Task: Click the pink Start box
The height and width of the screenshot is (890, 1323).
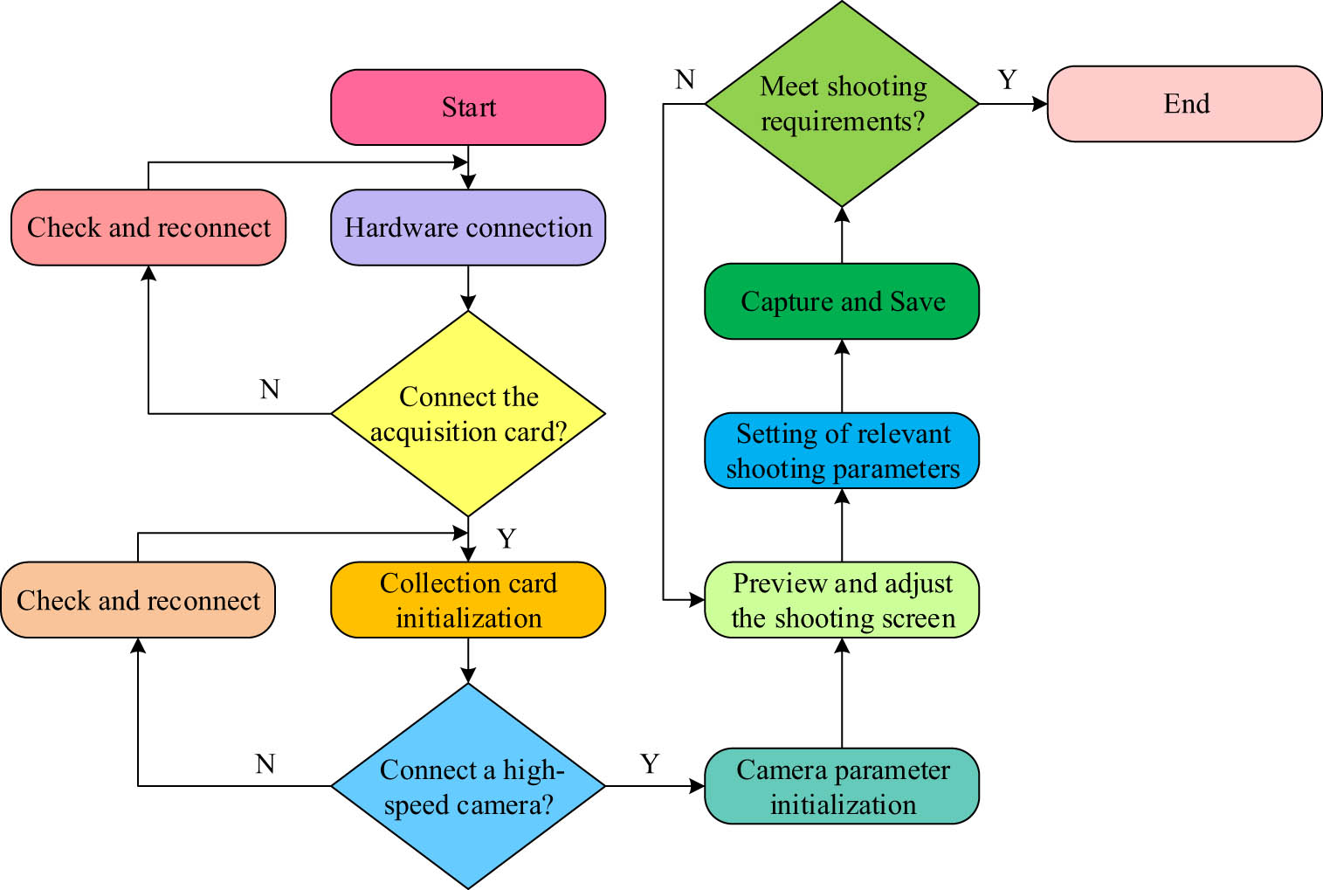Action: (468, 107)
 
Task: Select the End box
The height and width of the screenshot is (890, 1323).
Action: (1184, 104)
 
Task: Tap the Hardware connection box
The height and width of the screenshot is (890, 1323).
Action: (468, 228)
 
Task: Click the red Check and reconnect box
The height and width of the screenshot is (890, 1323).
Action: (148, 228)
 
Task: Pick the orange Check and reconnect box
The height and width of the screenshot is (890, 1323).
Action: (138, 600)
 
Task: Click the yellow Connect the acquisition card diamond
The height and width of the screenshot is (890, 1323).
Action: (468, 414)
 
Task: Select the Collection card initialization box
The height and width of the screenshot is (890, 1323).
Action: (468, 600)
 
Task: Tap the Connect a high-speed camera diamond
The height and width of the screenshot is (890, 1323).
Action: (468, 786)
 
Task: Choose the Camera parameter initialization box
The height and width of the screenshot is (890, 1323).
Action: (842, 786)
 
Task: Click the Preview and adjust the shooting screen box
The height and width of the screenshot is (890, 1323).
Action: (842, 600)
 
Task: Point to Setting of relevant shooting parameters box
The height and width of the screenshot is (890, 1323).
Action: (842, 451)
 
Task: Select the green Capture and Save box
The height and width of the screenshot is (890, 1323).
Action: (842, 301)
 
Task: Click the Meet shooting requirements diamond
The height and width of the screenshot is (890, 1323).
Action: (842, 104)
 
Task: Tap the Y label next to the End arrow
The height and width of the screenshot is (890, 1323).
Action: (1007, 80)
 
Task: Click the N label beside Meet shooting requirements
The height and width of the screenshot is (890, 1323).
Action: (685, 80)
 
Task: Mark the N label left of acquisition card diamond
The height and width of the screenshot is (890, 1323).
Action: (270, 390)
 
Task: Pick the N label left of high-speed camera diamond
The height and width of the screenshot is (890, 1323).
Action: (265, 764)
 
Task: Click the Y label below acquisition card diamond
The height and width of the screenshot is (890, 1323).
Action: (506, 539)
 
